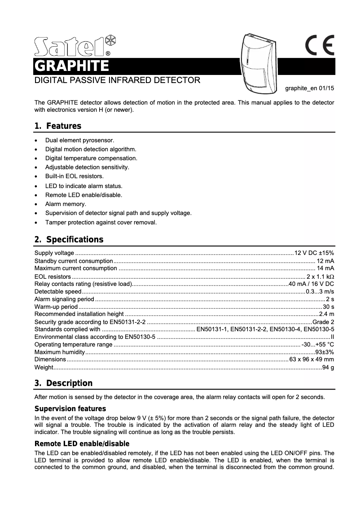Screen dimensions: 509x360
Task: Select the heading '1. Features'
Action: pyautogui.click(x=58, y=126)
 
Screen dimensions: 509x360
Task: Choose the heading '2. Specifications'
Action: pyautogui.click(x=69, y=239)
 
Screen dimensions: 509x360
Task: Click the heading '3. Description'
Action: pyautogui.click(x=63, y=383)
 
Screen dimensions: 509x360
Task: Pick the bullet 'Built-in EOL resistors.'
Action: pyautogui.click(x=75, y=176)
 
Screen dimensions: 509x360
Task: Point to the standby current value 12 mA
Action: pyautogui.click(x=325, y=261)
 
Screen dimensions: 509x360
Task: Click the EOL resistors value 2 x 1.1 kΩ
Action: pyautogui.click(x=320, y=276)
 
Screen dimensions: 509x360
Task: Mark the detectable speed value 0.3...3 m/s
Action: pyautogui.click(x=320, y=291)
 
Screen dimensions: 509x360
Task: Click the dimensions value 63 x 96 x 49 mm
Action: pyautogui.click(x=312, y=360)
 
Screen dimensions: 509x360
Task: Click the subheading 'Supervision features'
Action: pyautogui.click(x=70, y=409)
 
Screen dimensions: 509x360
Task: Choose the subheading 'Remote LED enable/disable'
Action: pyautogui.click(x=82, y=444)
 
